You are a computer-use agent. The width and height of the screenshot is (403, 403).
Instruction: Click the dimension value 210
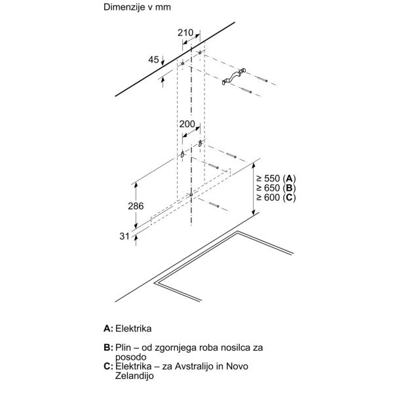pos(185,33)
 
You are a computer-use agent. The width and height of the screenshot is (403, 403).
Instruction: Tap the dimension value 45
pos(154,60)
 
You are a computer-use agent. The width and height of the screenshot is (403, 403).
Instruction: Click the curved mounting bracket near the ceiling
pos(235,77)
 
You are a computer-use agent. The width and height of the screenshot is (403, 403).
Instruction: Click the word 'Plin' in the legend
pos(127,347)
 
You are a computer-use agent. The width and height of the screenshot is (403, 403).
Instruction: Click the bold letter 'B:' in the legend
pos(108,347)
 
